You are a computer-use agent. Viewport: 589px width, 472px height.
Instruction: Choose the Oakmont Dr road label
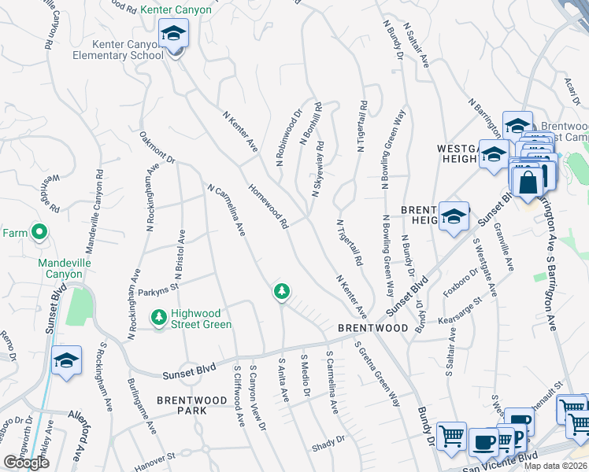[157, 147]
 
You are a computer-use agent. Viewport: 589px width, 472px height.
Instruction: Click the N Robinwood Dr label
[289, 138]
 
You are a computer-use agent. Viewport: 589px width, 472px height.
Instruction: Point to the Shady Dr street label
[329, 439]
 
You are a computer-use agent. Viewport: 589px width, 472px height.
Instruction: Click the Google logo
[26, 463]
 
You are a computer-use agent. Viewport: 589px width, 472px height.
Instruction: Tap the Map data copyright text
[556, 465]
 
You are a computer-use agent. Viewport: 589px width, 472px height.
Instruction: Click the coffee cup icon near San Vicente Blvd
[483, 442]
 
